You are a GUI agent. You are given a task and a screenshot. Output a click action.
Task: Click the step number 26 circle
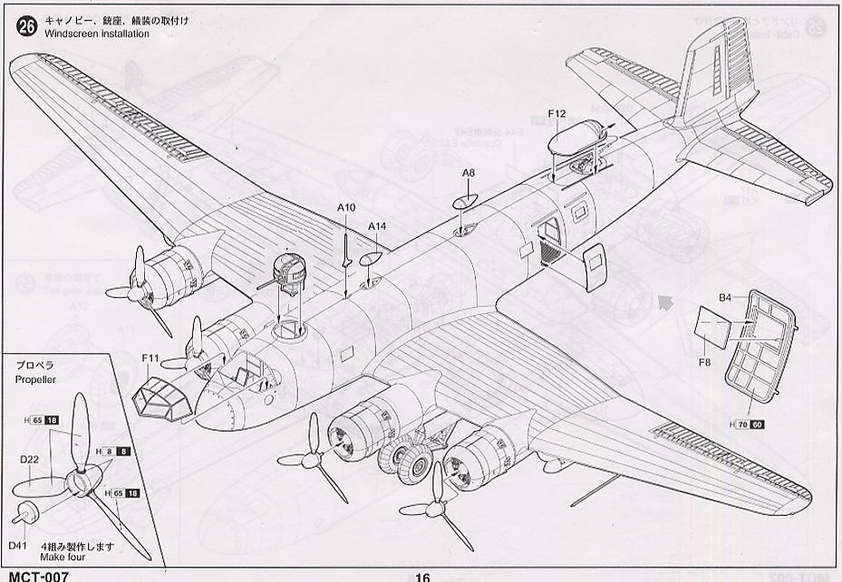[x=26, y=26]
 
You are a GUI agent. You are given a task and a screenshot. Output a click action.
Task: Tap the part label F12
[x=556, y=113]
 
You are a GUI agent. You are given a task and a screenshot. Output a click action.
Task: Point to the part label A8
[x=468, y=172]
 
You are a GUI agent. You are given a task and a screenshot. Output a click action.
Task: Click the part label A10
[x=346, y=207]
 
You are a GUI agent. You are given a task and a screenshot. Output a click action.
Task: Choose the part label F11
[x=150, y=359]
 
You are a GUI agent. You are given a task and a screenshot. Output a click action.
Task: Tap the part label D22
[x=29, y=459]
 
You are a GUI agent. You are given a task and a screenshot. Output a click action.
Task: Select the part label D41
[x=18, y=547]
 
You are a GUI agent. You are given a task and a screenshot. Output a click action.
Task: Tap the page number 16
[x=422, y=577]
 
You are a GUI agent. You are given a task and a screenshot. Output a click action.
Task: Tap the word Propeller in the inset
[x=37, y=379]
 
